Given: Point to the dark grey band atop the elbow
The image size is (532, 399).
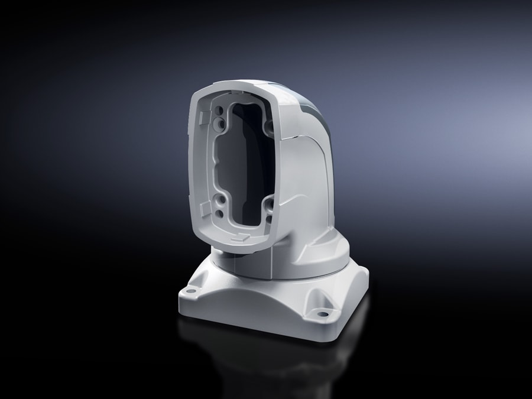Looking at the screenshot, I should tap(310, 106).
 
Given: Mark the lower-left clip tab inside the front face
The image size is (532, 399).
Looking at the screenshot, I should tap(202, 209).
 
